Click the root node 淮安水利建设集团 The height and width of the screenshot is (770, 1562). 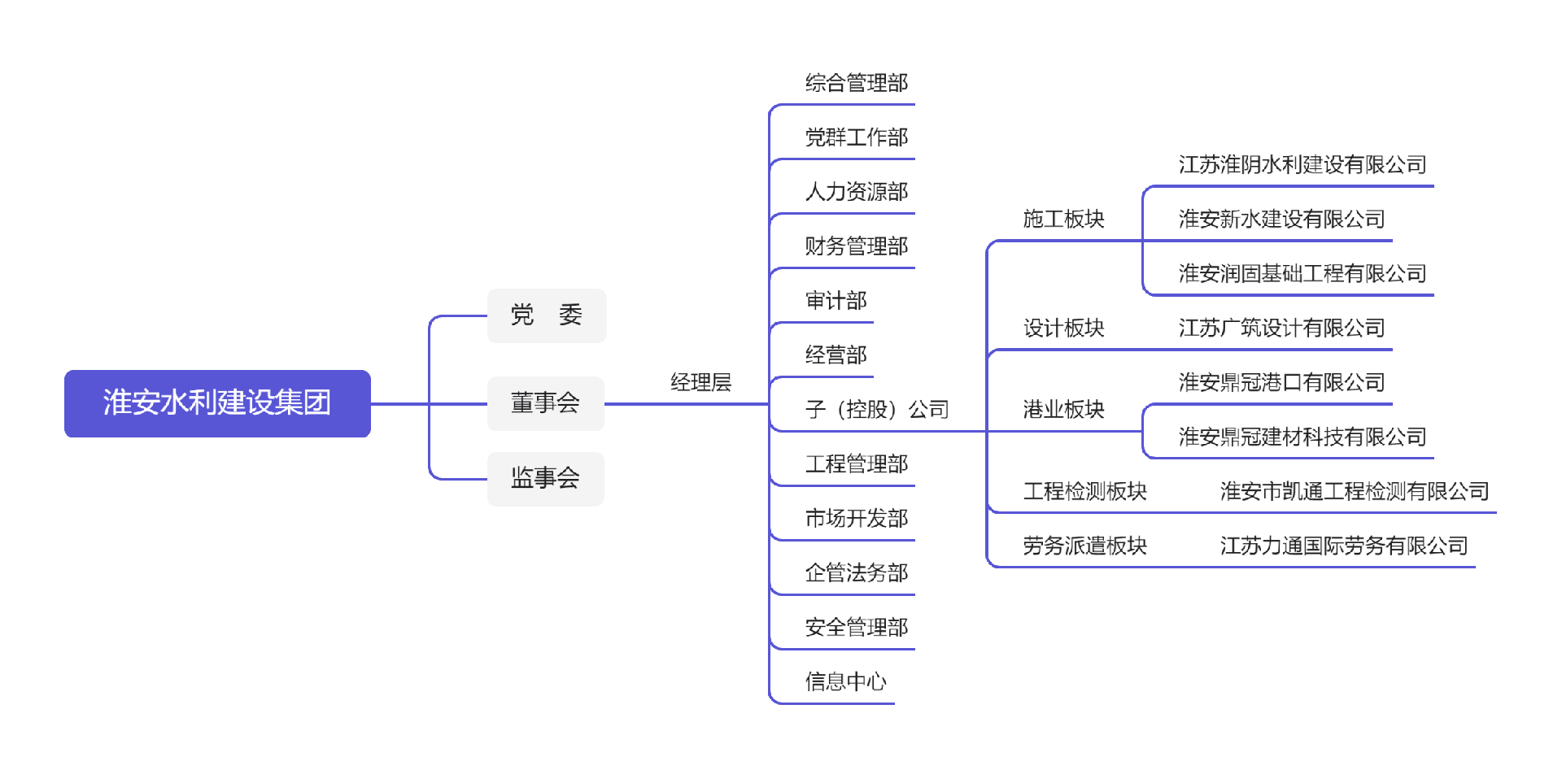coord(217,403)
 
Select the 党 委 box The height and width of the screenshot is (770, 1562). coord(546,315)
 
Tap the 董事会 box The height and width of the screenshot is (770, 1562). coord(545,403)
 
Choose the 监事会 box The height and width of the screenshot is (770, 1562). coord(545,478)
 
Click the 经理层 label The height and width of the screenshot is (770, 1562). coord(700,382)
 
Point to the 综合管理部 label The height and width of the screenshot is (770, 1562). coord(856,83)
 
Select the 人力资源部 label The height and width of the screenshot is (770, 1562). coord(856,192)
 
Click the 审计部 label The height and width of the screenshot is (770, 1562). coord(836,301)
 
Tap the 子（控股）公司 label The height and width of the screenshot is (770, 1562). coord(876,409)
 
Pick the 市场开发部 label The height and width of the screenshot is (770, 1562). coord(856,518)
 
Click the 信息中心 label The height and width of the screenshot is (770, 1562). coord(845,681)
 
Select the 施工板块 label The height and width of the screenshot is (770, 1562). coord(1063,219)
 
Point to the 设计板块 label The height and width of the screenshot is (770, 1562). coord(1063,328)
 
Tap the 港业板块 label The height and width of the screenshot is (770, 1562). coord(1063,409)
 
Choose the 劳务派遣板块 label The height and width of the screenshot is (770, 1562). coord(1084,546)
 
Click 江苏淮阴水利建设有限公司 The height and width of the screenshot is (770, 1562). coord(1302,165)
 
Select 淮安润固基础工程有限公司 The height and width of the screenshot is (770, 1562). coord(1302,273)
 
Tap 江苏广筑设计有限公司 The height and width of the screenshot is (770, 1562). coord(1281,328)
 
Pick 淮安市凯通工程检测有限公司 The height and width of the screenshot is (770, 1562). coord(1354,491)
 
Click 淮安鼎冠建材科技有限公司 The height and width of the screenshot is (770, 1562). coord(1302,437)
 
